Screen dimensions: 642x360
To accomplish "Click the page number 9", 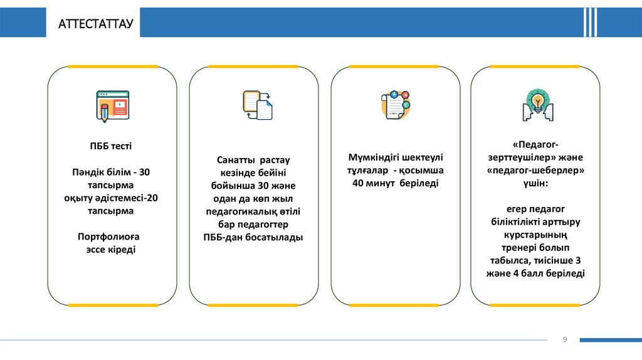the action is (x=565, y=339).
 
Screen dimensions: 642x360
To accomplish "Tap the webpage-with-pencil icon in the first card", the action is (x=112, y=105).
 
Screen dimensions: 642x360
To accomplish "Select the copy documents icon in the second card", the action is (x=257, y=105).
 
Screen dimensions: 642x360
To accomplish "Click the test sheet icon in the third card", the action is (x=395, y=105).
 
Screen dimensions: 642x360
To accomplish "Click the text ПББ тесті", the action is (x=111, y=146).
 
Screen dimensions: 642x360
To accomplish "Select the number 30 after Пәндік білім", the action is (x=145, y=172).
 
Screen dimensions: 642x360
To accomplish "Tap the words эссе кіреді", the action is (x=111, y=250).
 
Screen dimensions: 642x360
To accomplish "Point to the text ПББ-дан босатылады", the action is (x=253, y=237).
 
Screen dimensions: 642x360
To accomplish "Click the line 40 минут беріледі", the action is (x=395, y=183).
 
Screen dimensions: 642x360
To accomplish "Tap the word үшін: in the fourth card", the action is (x=535, y=183).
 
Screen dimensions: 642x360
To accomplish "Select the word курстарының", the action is (x=535, y=235).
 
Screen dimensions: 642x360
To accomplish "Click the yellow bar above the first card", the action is (x=112, y=66).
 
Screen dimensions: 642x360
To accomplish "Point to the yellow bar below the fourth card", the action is (x=535, y=305).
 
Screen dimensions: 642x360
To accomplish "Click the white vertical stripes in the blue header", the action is (x=590, y=23).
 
